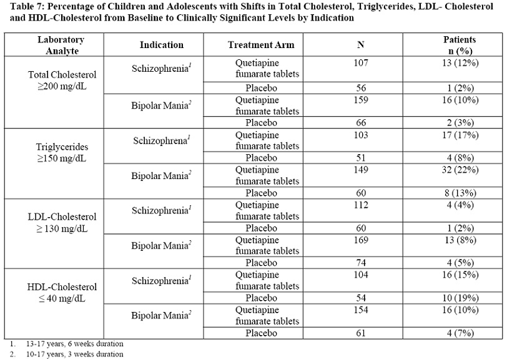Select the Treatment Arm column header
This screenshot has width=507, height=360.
pos(261,45)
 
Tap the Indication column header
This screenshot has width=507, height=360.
pos(161,45)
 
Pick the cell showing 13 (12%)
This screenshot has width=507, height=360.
pos(460,63)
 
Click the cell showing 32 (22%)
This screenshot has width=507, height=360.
pos(460,168)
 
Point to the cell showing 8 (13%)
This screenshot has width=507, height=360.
pos(460,192)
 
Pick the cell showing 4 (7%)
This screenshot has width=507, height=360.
pos(460,333)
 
